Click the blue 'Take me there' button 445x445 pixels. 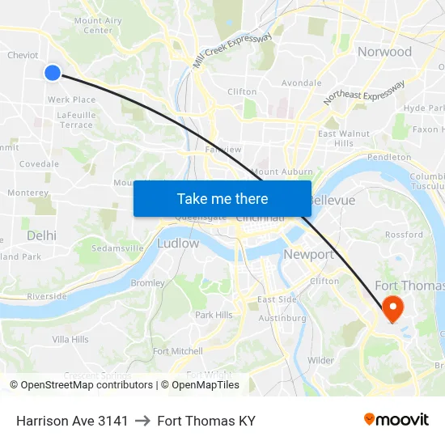(x=222, y=198)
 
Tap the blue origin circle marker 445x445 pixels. (x=53, y=73)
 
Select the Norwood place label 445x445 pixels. (x=384, y=52)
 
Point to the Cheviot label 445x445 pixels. (x=23, y=55)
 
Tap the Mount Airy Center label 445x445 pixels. (x=98, y=25)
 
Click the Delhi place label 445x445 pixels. (x=41, y=235)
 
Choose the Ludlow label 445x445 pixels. (x=178, y=243)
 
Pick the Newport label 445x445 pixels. (x=308, y=254)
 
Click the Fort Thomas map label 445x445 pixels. (x=409, y=286)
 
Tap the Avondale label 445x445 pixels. (x=301, y=83)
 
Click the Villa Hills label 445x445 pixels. (x=70, y=339)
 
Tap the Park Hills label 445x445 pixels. (x=214, y=315)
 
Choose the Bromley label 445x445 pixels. (x=147, y=283)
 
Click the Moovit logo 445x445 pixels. (x=396, y=419)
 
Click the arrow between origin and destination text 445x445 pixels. (x=142, y=421)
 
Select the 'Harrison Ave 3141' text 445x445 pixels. (x=72, y=421)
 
